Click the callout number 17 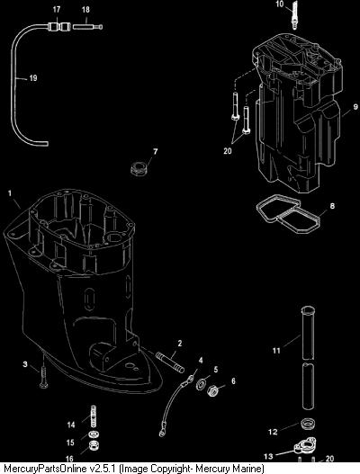(x=57, y=10)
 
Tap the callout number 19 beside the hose (x=33, y=78)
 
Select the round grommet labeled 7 (x=139, y=168)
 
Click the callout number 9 (x=355, y=107)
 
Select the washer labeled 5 (x=201, y=384)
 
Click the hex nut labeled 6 (x=213, y=391)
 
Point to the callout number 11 (x=276, y=351)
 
